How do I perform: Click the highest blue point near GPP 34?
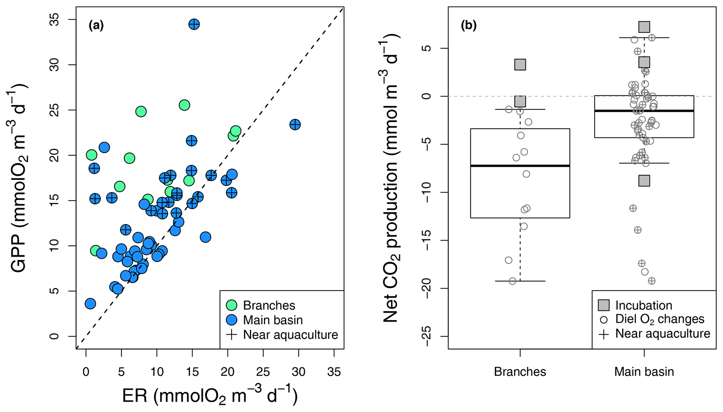tap(194, 24)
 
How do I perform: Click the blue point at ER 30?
tap(295, 125)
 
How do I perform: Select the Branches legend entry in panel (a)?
tap(269, 305)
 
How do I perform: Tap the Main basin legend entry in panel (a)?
tap(272, 320)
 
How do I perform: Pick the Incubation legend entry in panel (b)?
tap(644, 305)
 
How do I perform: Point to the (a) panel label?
tap(96, 25)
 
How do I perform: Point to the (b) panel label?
tap(468, 25)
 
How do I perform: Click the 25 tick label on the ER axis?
tap(263, 371)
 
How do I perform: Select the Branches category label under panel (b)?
tap(520, 371)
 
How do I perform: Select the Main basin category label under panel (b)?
tap(644, 371)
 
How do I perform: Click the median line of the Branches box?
tap(520, 165)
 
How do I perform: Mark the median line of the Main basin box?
tap(644, 111)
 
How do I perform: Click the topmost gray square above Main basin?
tap(644, 27)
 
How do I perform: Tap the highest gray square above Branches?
tap(520, 64)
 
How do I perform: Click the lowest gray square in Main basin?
tap(644, 180)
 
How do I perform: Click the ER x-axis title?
tap(210, 396)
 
